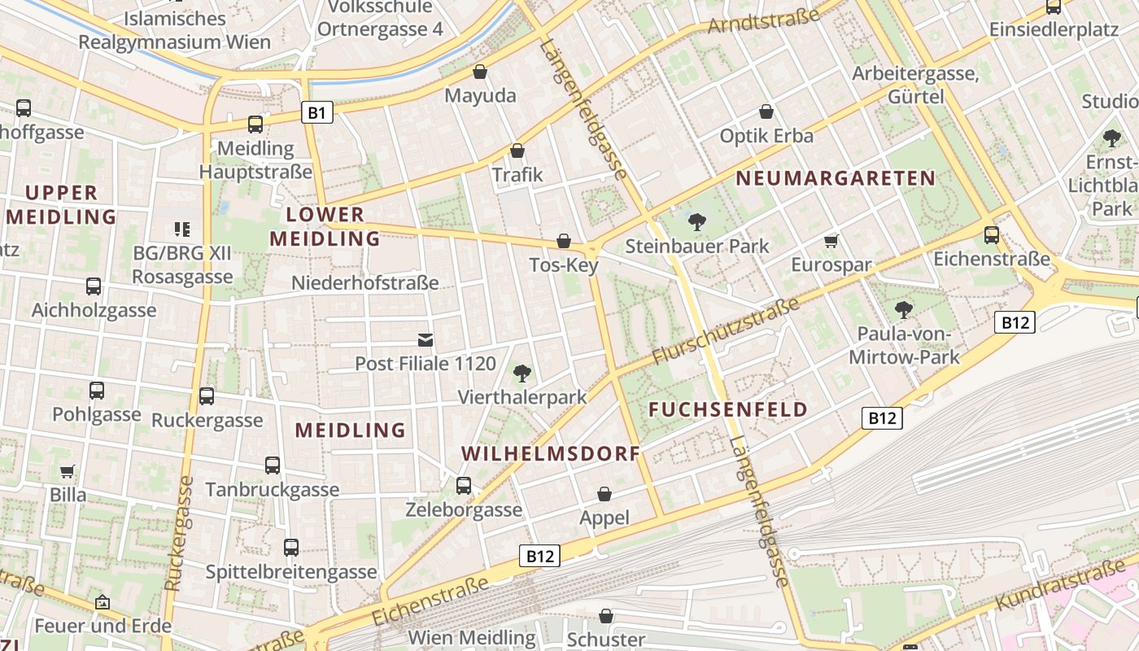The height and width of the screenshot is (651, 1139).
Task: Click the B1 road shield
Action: (x=316, y=112)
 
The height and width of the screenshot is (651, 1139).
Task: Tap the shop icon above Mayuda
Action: (x=480, y=72)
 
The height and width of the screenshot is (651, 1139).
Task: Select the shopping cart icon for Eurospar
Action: (x=831, y=241)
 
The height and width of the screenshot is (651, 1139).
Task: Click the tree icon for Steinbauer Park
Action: (x=696, y=221)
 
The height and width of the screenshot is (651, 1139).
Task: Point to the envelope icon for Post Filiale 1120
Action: (x=425, y=339)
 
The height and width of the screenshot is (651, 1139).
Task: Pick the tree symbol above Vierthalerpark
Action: (x=521, y=374)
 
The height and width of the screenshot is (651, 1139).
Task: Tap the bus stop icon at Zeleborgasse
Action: (x=464, y=486)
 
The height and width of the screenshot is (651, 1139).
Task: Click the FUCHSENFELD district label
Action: (x=728, y=409)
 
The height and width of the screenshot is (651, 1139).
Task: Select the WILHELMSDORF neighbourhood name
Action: (x=551, y=453)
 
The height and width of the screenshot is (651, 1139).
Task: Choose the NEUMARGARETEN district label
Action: (x=836, y=178)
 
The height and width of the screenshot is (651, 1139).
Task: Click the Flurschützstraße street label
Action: (x=726, y=332)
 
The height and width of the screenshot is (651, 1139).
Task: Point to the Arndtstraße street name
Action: (x=763, y=18)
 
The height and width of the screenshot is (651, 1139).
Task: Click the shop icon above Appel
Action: (x=604, y=494)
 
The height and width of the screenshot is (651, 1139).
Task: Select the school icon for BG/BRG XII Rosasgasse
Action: (x=181, y=229)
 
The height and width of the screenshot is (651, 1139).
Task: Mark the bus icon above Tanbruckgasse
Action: (x=273, y=465)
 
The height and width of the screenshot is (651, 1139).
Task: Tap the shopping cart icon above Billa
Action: (x=68, y=471)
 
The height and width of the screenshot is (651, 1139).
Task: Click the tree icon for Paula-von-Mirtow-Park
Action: (x=903, y=309)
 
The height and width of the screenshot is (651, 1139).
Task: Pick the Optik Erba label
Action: (x=766, y=136)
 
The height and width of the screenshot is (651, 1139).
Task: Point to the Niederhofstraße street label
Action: (x=365, y=283)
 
